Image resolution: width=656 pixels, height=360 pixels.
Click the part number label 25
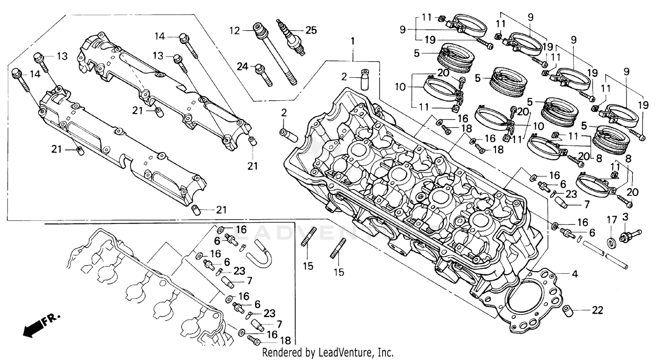coord(311,30)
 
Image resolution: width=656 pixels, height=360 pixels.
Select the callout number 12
coord(235,30)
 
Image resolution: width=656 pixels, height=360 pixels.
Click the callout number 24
coord(242,66)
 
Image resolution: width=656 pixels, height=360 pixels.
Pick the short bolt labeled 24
coord(264,75)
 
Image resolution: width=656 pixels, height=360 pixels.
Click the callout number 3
coord(625,217)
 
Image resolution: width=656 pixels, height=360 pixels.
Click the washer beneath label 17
coord(611,241)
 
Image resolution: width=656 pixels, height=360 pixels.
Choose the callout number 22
coord(597,310)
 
